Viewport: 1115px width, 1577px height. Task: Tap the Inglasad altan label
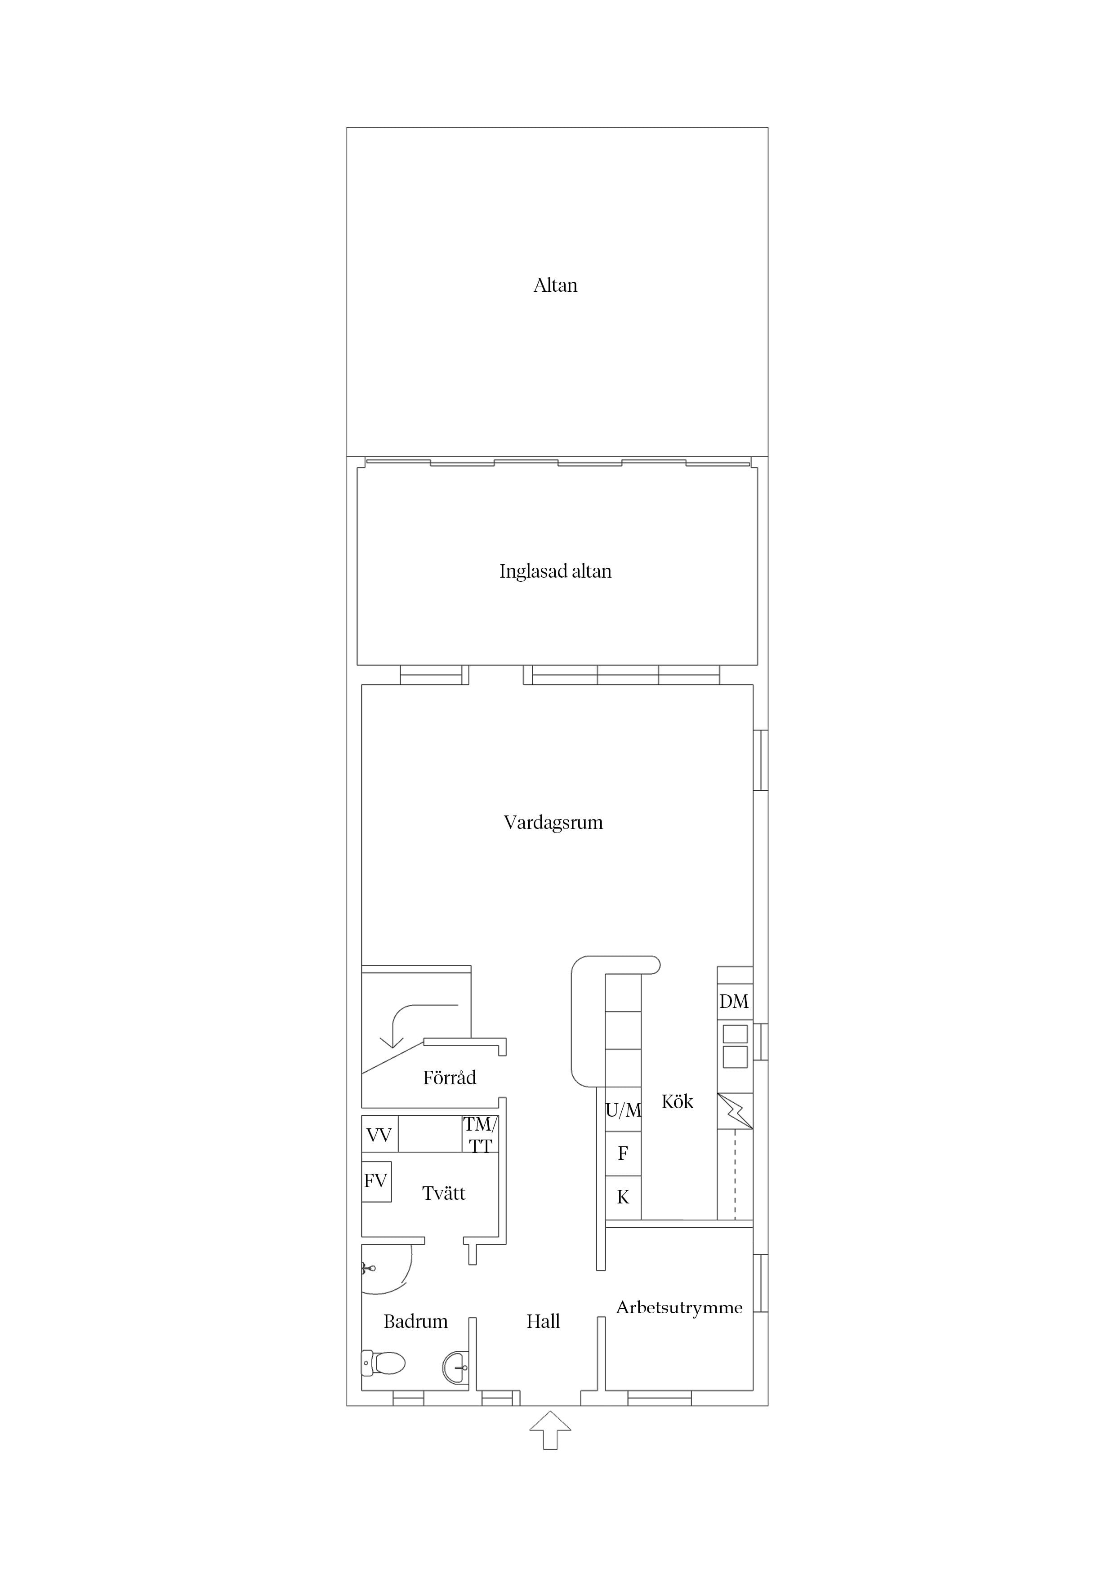[x=555, y=571]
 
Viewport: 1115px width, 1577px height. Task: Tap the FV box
[x=376, y=1181]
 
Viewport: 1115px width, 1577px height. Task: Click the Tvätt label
[x=443, y=1193]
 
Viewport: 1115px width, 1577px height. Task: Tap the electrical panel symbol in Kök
[x=735, y=1111]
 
